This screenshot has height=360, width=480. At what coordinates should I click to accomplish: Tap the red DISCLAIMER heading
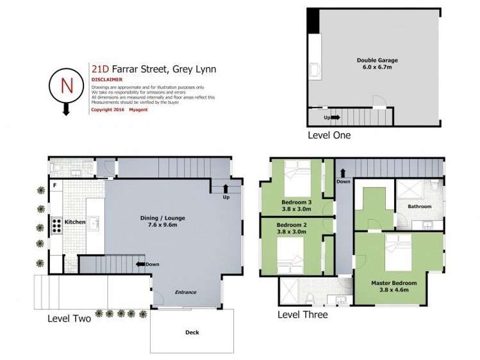tap(106, 80)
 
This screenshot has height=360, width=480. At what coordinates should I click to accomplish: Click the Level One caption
tap(329, 135)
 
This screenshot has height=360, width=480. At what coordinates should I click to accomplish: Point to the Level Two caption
tap(69, 318)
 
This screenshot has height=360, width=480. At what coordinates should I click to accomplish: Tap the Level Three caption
tap(302, 315)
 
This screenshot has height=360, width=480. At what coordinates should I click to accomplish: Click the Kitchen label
tap(74, 222)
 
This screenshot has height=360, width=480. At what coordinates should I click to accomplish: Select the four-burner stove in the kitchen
tap(56, 225)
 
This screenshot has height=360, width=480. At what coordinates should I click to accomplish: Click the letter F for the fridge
tap(55, 186)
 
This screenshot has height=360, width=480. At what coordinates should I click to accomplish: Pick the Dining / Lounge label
tap(163, 222)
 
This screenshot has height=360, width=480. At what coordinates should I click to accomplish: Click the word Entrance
tap(186, 292)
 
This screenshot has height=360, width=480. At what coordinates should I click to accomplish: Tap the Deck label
tap(192, 332)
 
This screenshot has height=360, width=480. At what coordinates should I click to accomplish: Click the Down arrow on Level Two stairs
tap(140, 264)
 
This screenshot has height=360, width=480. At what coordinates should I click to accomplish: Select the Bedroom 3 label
tap(296, 206)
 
